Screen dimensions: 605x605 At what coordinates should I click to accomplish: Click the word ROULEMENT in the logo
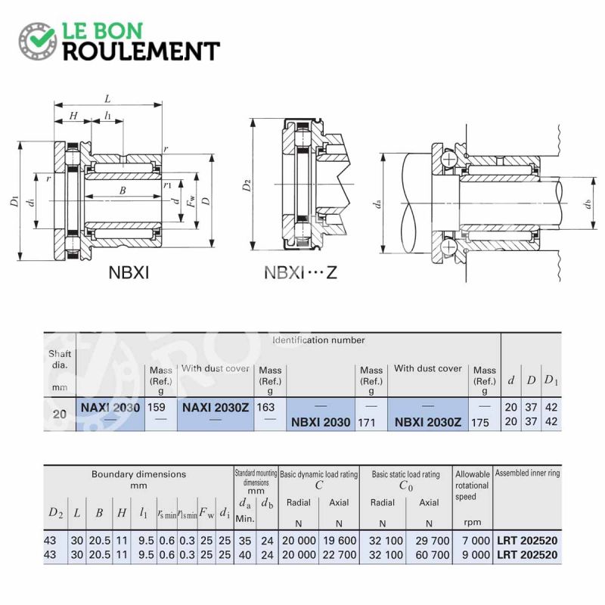(141, 51)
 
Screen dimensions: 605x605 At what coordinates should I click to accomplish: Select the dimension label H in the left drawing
(73, 116)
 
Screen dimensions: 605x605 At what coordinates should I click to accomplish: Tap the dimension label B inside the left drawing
(123, 191)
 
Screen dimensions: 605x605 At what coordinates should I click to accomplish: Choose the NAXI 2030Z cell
(215, 407)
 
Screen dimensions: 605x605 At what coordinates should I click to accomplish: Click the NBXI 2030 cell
(321, 422)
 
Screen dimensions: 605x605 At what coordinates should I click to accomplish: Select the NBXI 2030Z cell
(428, 422)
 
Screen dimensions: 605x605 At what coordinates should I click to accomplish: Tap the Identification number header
(318, 340)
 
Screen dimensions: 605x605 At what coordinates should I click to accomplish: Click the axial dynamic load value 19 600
(338, 541)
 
